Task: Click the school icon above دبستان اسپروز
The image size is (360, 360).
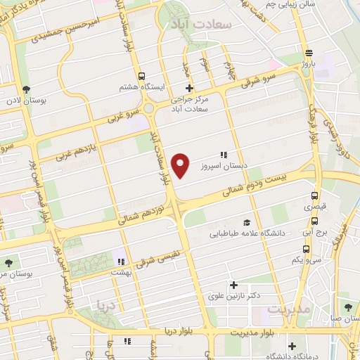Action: (x=224, y=155)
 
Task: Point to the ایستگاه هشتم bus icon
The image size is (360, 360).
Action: (x=142, y=76)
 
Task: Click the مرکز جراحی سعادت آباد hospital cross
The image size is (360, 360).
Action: (x=189, y=88)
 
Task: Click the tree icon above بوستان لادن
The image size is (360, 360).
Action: (x=26, y=89)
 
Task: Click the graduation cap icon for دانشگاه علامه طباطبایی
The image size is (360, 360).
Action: (x=245, y=221)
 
